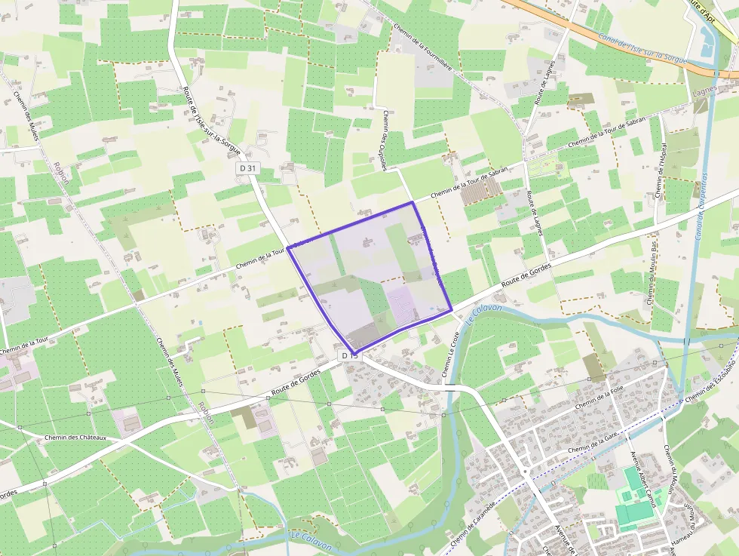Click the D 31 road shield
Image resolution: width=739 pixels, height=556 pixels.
pos(247,167)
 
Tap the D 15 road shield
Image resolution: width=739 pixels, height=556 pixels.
pos(349,355)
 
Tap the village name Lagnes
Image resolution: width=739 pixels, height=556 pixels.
pos(706,94)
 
